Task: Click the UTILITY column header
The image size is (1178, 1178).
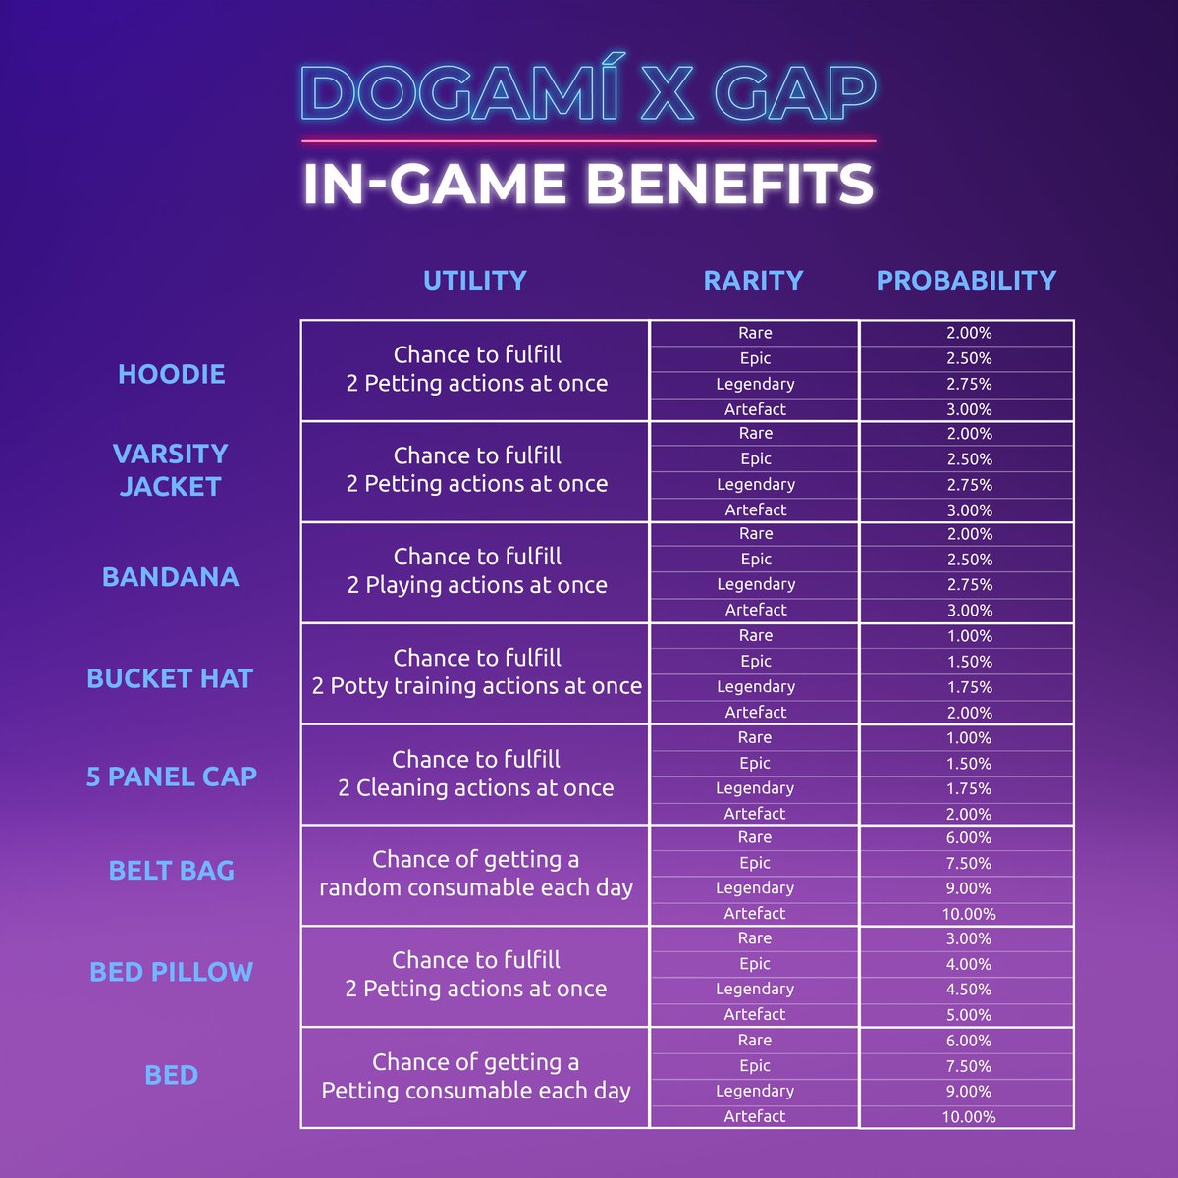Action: pyautogui.click(x=475, y=281)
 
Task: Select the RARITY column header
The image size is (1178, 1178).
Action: pyautogui.click(x=753, y=281)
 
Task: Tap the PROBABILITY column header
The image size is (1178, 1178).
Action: pyautogui.click(x=966, y=281)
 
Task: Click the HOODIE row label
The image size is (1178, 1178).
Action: pyautogui.click(x=172, y=374)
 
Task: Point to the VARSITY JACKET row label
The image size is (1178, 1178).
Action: pyautogui.click(x=170, y=469)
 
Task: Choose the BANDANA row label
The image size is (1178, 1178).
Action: pyautogui.click(x=171, y=577)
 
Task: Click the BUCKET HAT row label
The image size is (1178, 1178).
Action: pyautogui.click(x=170, y=678)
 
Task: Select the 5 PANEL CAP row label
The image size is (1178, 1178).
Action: pyautogui.click(x=172, y=776)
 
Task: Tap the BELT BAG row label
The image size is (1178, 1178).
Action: pyautogui.click(x=172, y=871)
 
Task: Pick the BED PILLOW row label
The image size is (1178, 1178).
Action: pyautogui.click(x=172, y=972)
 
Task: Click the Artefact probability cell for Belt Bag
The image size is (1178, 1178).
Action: pyautogui.click(x=968, y=914)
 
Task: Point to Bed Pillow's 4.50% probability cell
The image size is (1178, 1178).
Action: pyautogui.click(x=968, y=990)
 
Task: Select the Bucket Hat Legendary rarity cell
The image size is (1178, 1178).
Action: pyautogui.click(x=755, y=687)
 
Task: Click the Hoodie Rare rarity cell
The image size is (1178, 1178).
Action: pyautogui.click(x=755, y=333)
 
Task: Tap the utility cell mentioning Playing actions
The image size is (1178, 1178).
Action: pyautogui.click(x=477, y=571)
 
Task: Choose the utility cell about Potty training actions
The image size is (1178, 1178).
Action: pyautogui.click(x=477, y=672)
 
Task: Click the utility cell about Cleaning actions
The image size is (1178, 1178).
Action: pyautogui.click(x=476, y=774)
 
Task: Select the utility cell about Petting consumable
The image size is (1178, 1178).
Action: pyautogui.click(x=476, y=1077)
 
